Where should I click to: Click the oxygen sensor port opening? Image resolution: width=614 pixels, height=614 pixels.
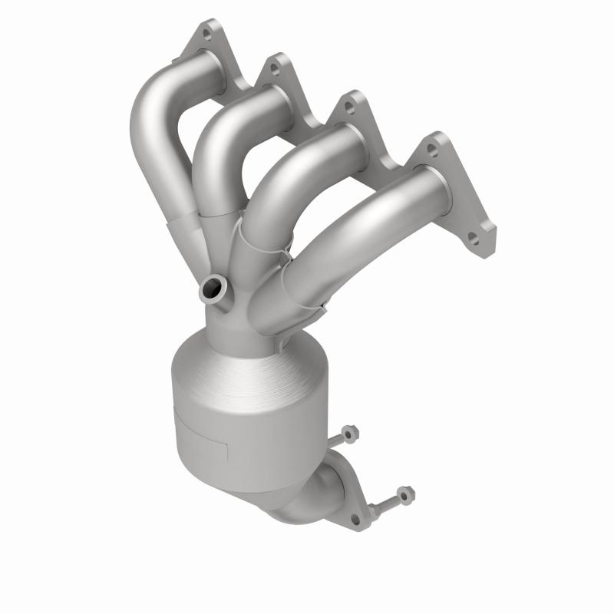tap(211, 290)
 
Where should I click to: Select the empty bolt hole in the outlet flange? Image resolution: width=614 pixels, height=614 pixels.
tap(355, 520)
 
